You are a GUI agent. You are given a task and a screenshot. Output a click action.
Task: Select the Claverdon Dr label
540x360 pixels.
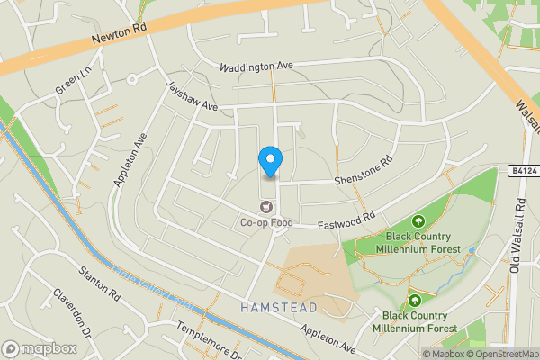coord(72,310)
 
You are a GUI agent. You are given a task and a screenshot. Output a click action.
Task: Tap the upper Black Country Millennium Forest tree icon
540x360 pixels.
coord(418,222)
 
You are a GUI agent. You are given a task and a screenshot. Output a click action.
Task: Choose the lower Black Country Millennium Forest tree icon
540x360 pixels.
coord(415,301)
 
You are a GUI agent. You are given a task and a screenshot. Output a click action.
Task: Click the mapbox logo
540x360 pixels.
coord(39,348)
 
